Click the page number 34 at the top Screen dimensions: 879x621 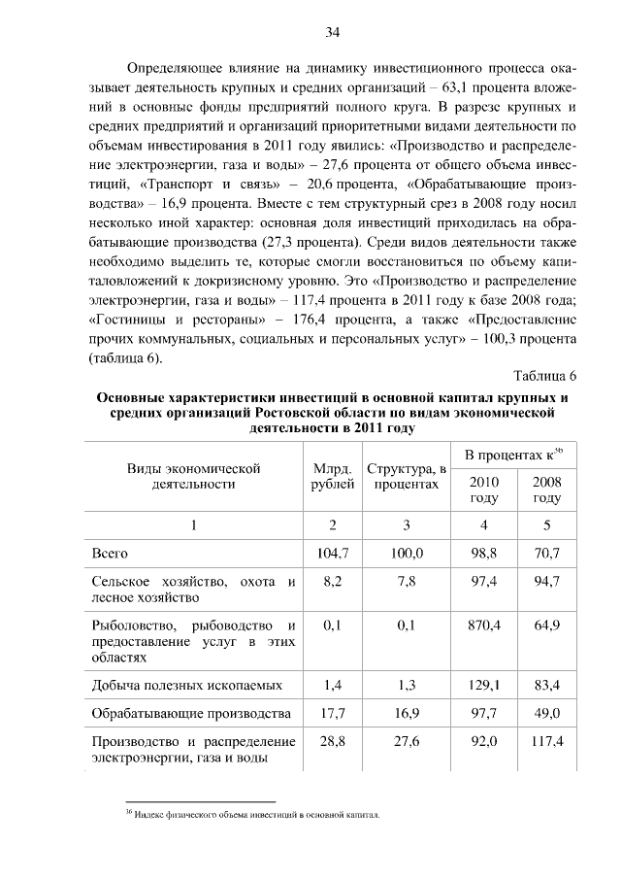point(332,33)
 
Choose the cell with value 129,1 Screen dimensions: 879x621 point(484,685)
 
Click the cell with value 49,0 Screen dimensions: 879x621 point(546,714)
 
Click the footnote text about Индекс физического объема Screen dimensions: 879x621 point(256,815)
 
